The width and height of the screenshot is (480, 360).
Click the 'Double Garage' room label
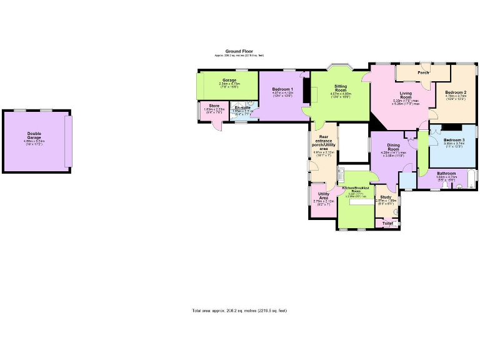(x=34, y=134)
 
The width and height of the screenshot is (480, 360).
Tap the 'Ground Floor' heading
(x=239, y=51)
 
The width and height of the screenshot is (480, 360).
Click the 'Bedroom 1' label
(x=282, y=89)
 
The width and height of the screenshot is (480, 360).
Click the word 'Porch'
(x=423, y=72)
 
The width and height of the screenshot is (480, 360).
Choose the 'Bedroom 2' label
(x=455, y=92)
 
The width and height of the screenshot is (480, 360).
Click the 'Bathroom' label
(x=446, y=173)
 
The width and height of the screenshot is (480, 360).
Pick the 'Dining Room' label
(x=393, y=147)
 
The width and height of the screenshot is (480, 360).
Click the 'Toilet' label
(x=387, y=222)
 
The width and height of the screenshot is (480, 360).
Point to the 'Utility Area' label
(x=324, y=196)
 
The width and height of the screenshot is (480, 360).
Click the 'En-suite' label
(x=242, y=107)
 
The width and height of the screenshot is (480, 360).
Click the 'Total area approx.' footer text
(x=239, y=311)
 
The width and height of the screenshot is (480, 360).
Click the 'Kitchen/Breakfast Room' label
(x=355, y=189)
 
